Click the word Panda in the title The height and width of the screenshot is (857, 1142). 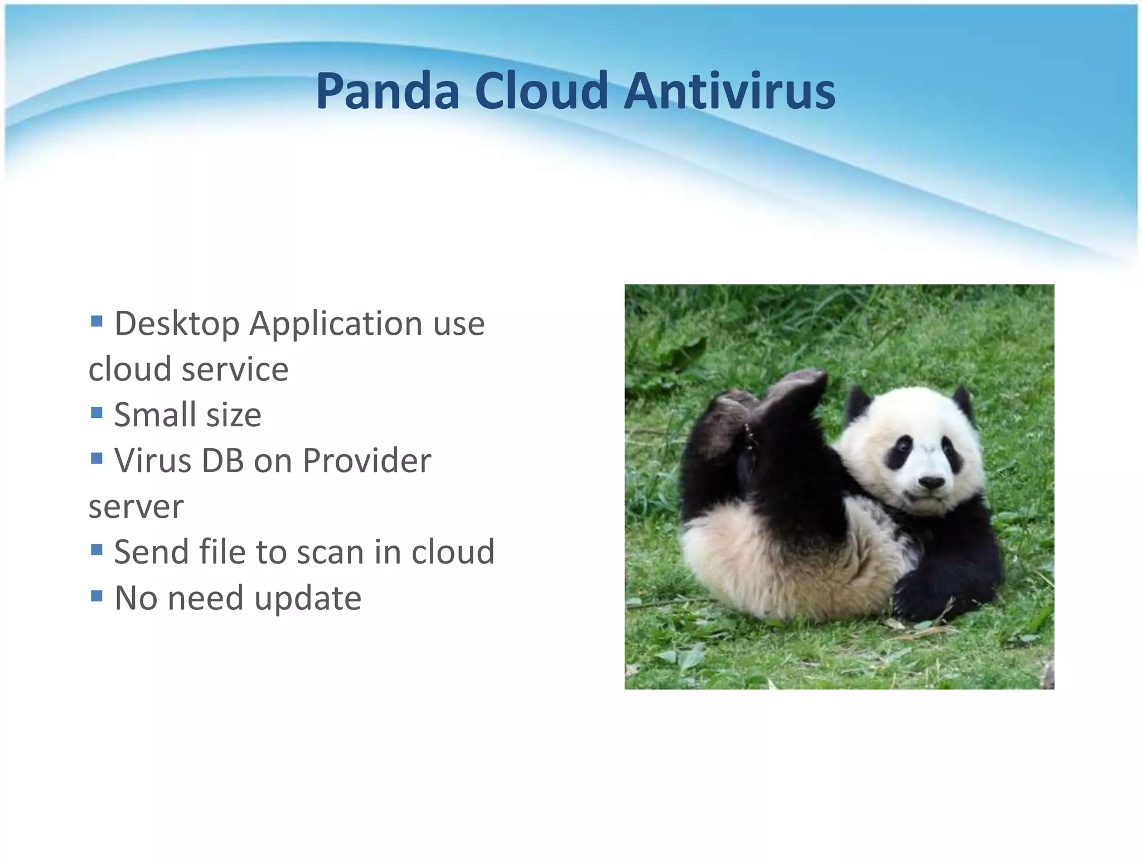click(x=387, y=91)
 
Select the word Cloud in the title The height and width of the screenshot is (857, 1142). click(x=541, y=91)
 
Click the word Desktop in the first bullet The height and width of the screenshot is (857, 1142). click(x=177, y=324)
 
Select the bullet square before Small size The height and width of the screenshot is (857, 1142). click(x=96, y=412)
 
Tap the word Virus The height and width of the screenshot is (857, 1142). click(x=153, y=461)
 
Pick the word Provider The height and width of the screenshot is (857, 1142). click(x=366, y=461)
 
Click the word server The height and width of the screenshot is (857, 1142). click(x=136, y=507)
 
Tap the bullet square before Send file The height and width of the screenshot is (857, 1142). click(x=96, y=550)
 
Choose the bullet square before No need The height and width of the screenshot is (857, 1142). click(x=96, y=596)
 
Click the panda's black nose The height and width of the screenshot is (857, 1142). click(x=931, y=482)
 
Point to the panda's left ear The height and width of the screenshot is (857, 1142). click(x=857, y=401)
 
